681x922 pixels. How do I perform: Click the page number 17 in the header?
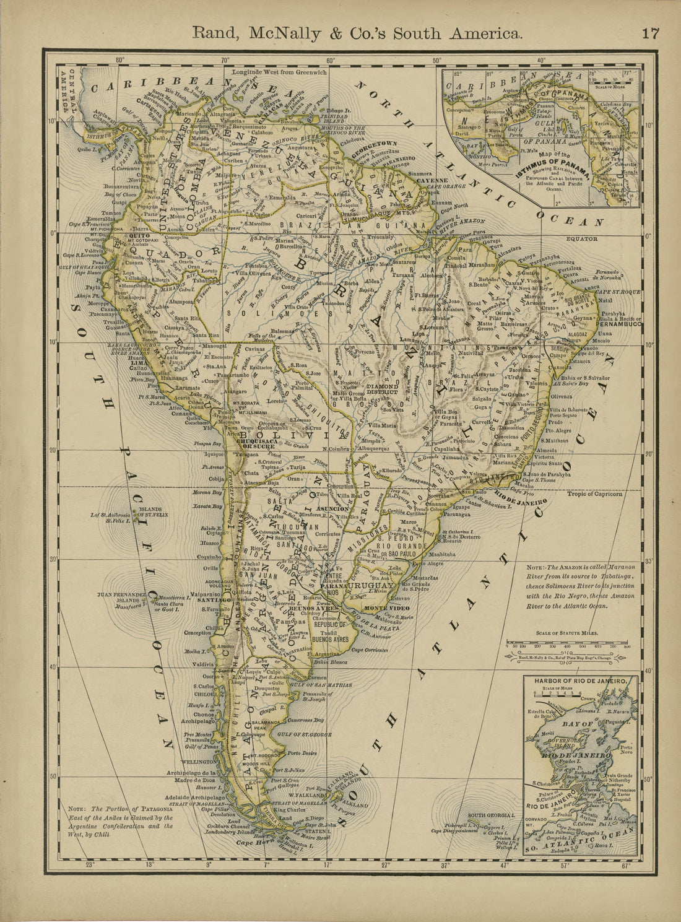650,33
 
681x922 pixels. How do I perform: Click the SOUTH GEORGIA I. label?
491,815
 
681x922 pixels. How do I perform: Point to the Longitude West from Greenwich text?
279,72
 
